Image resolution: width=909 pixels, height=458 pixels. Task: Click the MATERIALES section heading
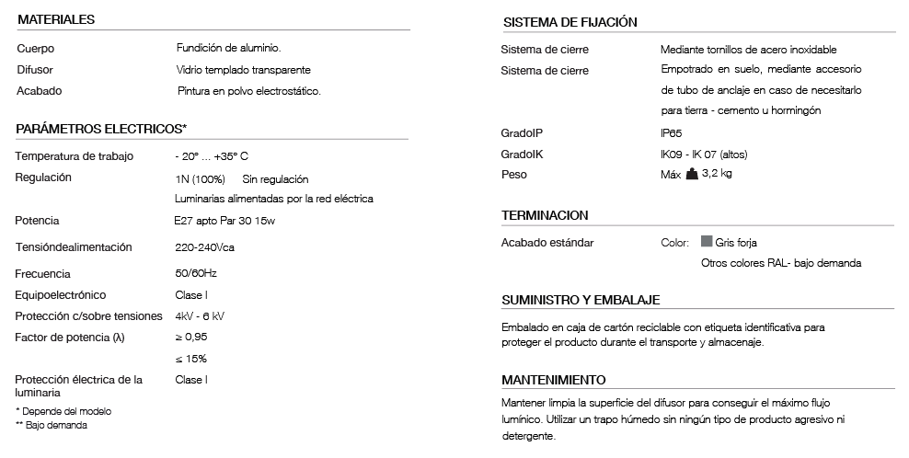(56, 19)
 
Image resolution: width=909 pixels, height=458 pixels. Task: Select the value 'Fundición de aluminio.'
(227, 48)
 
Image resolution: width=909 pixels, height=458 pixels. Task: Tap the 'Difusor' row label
(34, 70)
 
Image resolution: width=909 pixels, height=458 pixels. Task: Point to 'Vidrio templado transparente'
(243, 70)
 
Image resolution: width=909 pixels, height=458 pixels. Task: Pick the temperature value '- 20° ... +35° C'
(212, 156)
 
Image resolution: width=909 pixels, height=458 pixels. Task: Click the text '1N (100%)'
(200, 178)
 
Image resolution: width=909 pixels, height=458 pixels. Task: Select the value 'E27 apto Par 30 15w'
(224, 221)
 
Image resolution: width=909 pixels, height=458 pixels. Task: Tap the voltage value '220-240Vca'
(204, 247)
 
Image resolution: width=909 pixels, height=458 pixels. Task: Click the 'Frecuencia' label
(42, 274)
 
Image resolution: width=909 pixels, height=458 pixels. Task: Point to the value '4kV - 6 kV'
(200, 316)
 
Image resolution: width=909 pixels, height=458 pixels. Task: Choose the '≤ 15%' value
(190, 359)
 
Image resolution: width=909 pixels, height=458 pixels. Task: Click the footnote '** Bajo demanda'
(52, 425)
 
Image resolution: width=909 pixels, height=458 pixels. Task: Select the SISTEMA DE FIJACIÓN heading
(570, 22)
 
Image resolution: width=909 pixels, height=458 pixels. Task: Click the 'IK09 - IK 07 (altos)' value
(696, 155)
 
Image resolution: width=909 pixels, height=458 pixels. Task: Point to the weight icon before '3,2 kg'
(692, 175)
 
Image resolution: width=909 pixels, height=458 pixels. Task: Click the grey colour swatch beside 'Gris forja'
(707, 242)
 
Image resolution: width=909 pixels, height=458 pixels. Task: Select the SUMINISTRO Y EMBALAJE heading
(581, 301)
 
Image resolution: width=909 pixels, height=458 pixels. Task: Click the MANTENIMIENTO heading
(554, 379)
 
